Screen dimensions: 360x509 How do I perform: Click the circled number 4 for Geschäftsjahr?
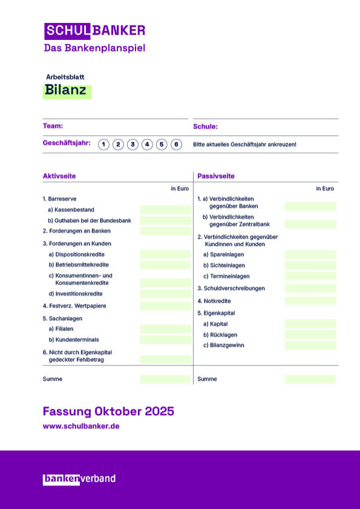pyautogui.click(x=147, y=144)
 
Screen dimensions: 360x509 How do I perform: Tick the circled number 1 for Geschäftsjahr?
pyautogui.click(x=103, y=144)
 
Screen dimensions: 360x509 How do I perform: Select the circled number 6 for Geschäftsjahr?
pyautogui.click(x=176, y=144)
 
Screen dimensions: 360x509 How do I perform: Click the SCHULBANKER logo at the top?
pyautogui.click(x=94, y=30)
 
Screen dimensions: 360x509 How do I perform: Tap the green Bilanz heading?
pyautogui.click(x=66, y=91)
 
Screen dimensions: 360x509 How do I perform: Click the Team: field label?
pyautogui.click(x=53, y=126)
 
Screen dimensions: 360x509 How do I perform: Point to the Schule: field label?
pyautogui.click(x=205, y=127)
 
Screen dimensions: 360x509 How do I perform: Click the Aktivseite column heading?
pyautogui.click(x=59, y=176)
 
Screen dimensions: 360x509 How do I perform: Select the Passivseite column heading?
pyautogui.click(x=216, y=176)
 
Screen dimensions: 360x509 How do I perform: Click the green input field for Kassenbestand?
pyautogui.click(x=165, y=209)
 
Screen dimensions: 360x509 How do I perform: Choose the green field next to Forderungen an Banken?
pyautogui.click(x=165, y=231)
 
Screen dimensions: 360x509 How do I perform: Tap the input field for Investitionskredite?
pyautogui.click(x=165, y=294)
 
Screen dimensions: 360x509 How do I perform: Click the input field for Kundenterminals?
pyautogui.click(x=165, y=340)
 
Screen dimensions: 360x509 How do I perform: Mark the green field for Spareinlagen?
pyautogui.click(x=310, y=254)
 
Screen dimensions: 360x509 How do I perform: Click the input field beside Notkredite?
pyautogui.click(x=310, y=301)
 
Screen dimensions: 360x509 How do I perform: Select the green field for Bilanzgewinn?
pyautogui.click(x=310, y=345)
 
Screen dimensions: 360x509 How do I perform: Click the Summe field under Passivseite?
pyautogui.click(x=310, y=379)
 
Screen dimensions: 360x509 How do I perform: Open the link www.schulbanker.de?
pyautogui.click(x=81, y=426)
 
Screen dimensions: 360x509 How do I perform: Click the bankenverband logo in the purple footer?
pyautogui.click(x=79, y=479)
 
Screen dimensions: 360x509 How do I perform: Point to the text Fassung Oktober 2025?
pyautogui.click(x=108, y=412)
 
